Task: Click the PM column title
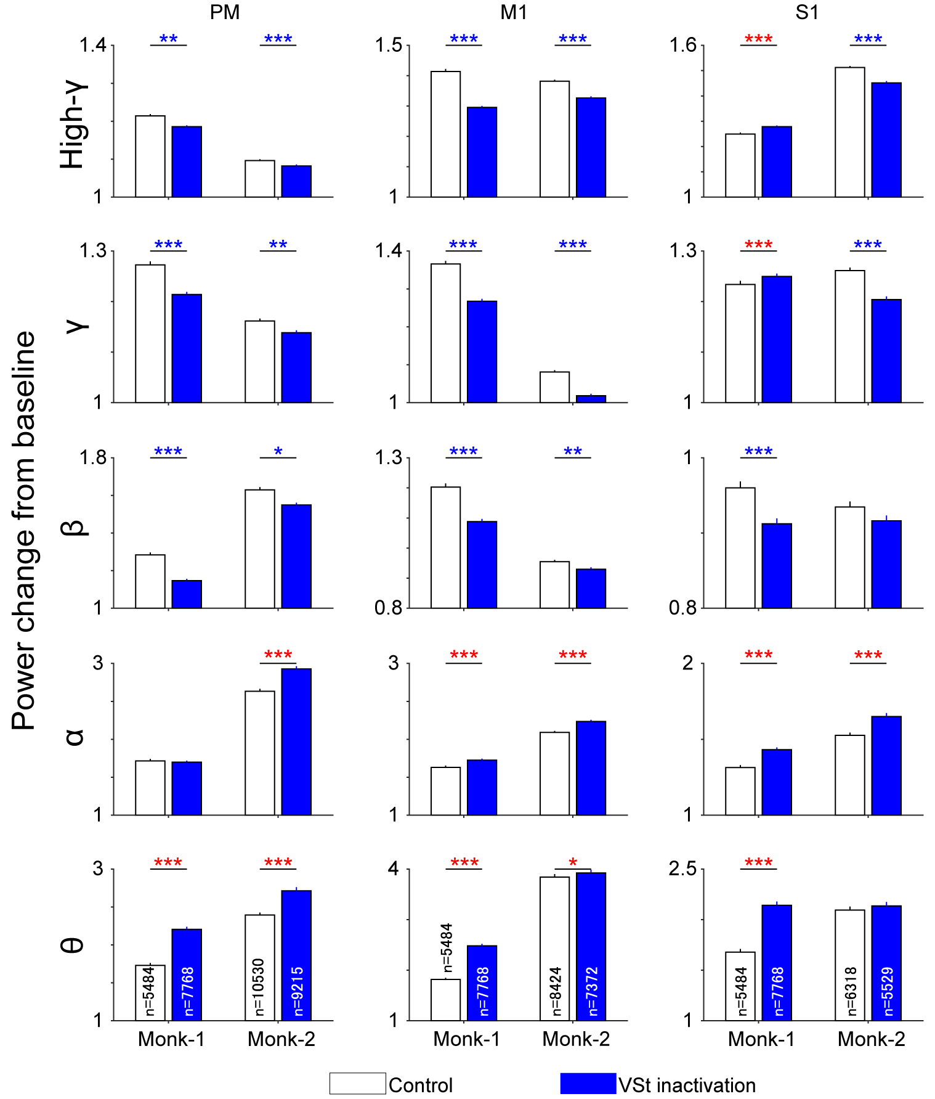(x=224, y=12)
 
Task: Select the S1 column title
(x=807, y=12)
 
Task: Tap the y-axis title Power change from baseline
(x=25, y=530)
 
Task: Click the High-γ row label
(x=72, y=126)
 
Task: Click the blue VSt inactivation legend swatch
(x=588, y=1084)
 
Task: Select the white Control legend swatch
(x=357, y=1084)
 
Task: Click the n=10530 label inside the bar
(x=259, y=987)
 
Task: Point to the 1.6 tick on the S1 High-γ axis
(x=683, y=45)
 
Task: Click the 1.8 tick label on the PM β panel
(x=92, y=457)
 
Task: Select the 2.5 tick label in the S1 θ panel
(x=682, y=869)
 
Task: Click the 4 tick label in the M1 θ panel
(x=394, y=869)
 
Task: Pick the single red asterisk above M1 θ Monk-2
(x=573, y=862)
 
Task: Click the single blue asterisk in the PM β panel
(x=278, y=451)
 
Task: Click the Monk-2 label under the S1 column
(x=871, y=1039)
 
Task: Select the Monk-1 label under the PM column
(x=171, y=1039)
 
